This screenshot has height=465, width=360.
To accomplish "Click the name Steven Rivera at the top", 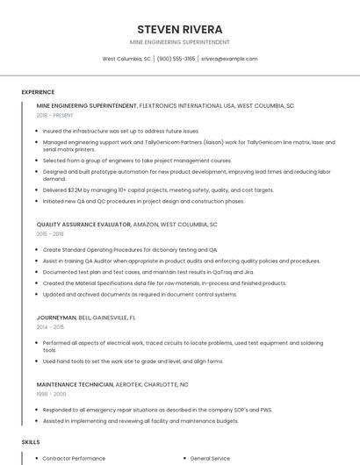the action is click(x=180, y=29).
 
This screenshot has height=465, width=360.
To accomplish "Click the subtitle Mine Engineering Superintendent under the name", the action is click(x=180, y=42).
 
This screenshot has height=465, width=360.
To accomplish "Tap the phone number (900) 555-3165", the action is click(x=176, y=59).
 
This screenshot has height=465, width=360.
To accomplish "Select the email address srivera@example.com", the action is click(x=229, y=59).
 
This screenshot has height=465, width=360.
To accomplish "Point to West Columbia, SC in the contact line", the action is click(x=126, y=59).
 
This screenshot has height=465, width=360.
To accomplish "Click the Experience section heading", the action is click(x=38, y=92).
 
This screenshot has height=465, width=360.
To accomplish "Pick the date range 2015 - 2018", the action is click(x=50, y=234).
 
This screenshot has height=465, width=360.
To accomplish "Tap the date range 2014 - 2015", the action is click(x=50, y=326).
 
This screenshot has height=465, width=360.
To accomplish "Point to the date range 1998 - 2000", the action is click(x=51, y=394).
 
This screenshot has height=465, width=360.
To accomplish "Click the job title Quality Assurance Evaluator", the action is click(x=83, y=225).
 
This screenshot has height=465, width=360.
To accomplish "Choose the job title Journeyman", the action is click(x=56, y=317).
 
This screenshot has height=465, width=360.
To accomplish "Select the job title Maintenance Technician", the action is click(x=75, y=384).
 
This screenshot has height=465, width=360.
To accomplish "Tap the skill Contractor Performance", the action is click(x=74, y=458).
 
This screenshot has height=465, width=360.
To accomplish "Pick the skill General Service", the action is click(x=211, y=458).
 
